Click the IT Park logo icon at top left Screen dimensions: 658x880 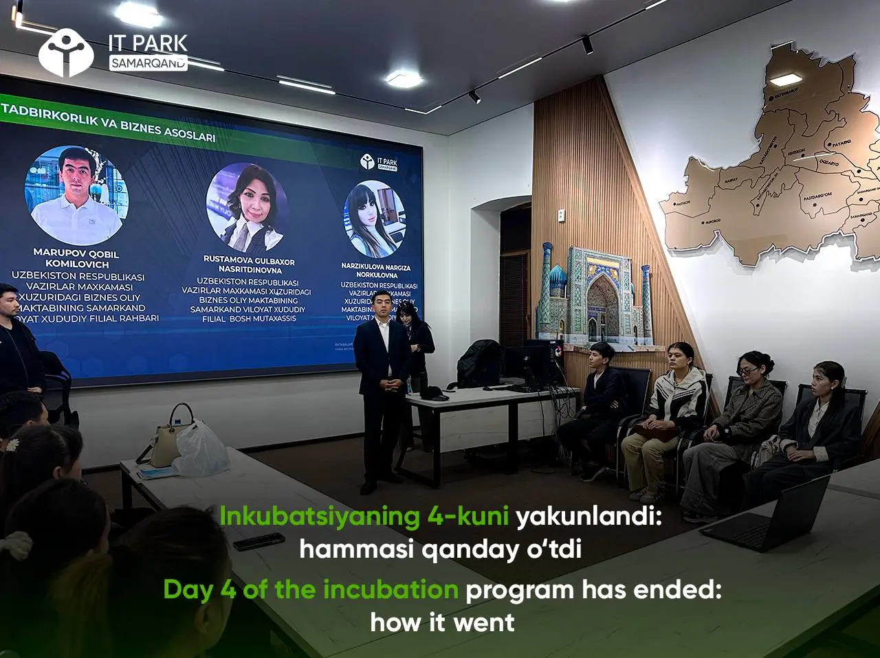click(x=65, y=52)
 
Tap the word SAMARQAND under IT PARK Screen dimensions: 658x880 click(x=148, y=63)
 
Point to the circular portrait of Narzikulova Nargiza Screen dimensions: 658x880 click(x=375, y=219)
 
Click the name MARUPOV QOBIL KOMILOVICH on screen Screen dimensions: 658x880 click(x=76, y=258)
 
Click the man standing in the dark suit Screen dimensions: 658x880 click(x=382, y=385)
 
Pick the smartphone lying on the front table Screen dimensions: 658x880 click(x=258, y=541)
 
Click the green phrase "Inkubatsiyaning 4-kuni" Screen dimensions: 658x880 click(x=364, y=517)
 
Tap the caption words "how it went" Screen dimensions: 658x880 click(x=442, y=622)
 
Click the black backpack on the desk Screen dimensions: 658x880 click(x=479, y=364)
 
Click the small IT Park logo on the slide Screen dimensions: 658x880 click(x=379, y=162)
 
